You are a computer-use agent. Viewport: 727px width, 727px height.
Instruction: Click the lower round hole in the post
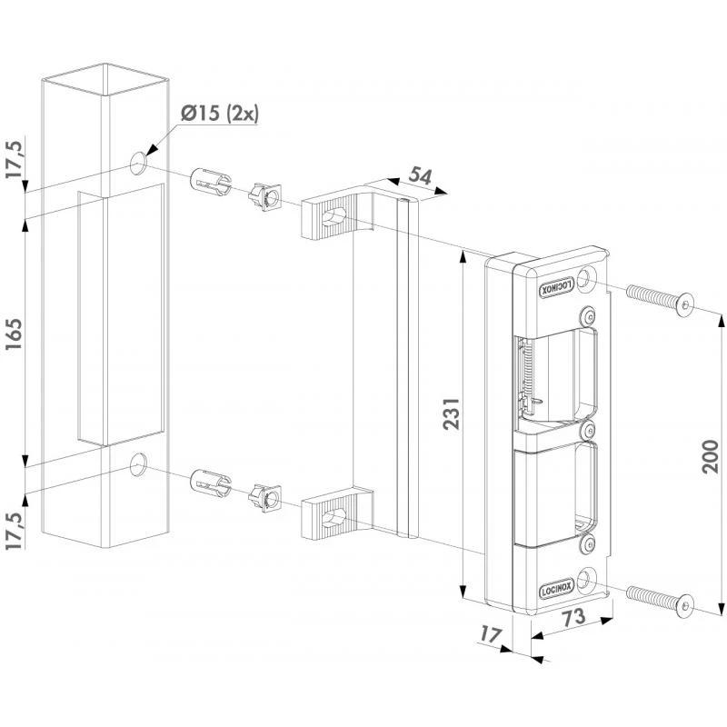(x=137, y=465)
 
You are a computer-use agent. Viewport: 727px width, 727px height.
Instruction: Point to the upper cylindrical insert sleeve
(x=208, y=181)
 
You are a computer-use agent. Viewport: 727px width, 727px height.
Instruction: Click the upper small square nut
(x=264, y=195)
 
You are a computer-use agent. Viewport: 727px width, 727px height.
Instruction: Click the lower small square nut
(x=264, y=496)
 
